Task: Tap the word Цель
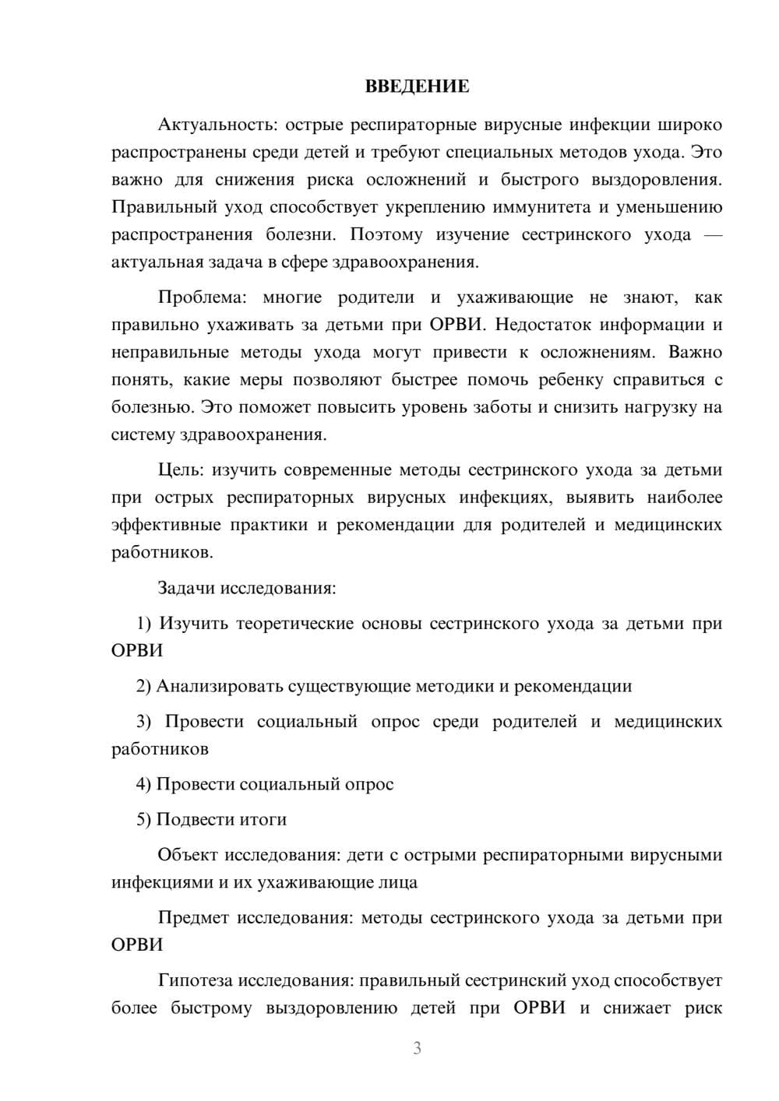tap(181, 470)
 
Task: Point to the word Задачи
tap(186, 588)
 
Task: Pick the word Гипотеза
tap(195, 980)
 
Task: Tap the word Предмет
tap(193, 918)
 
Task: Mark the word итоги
tap(264, 819)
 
